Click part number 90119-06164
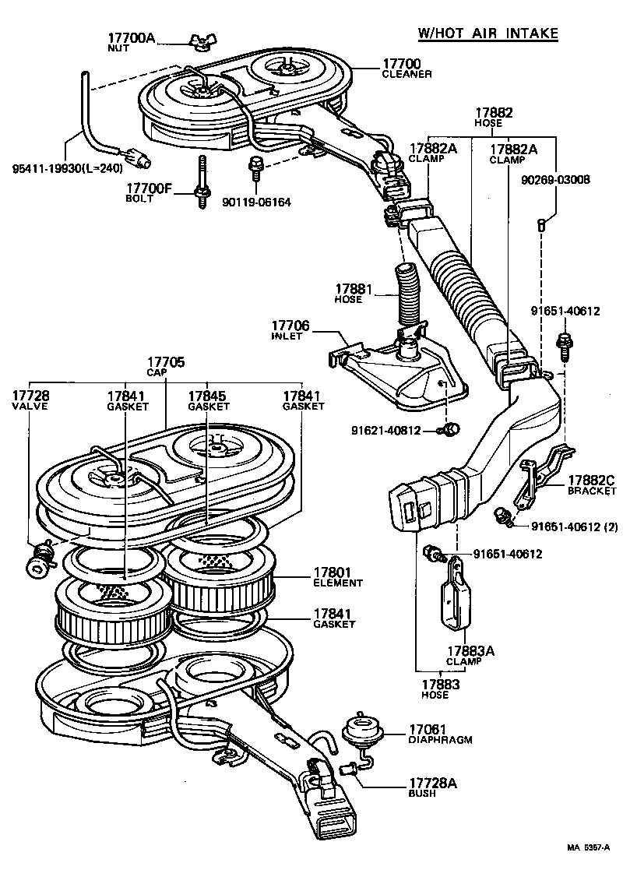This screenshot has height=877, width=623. pos(255,203)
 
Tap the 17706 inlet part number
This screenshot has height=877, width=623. pos(291,325)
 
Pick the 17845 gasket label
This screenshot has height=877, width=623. pos(208,396)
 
